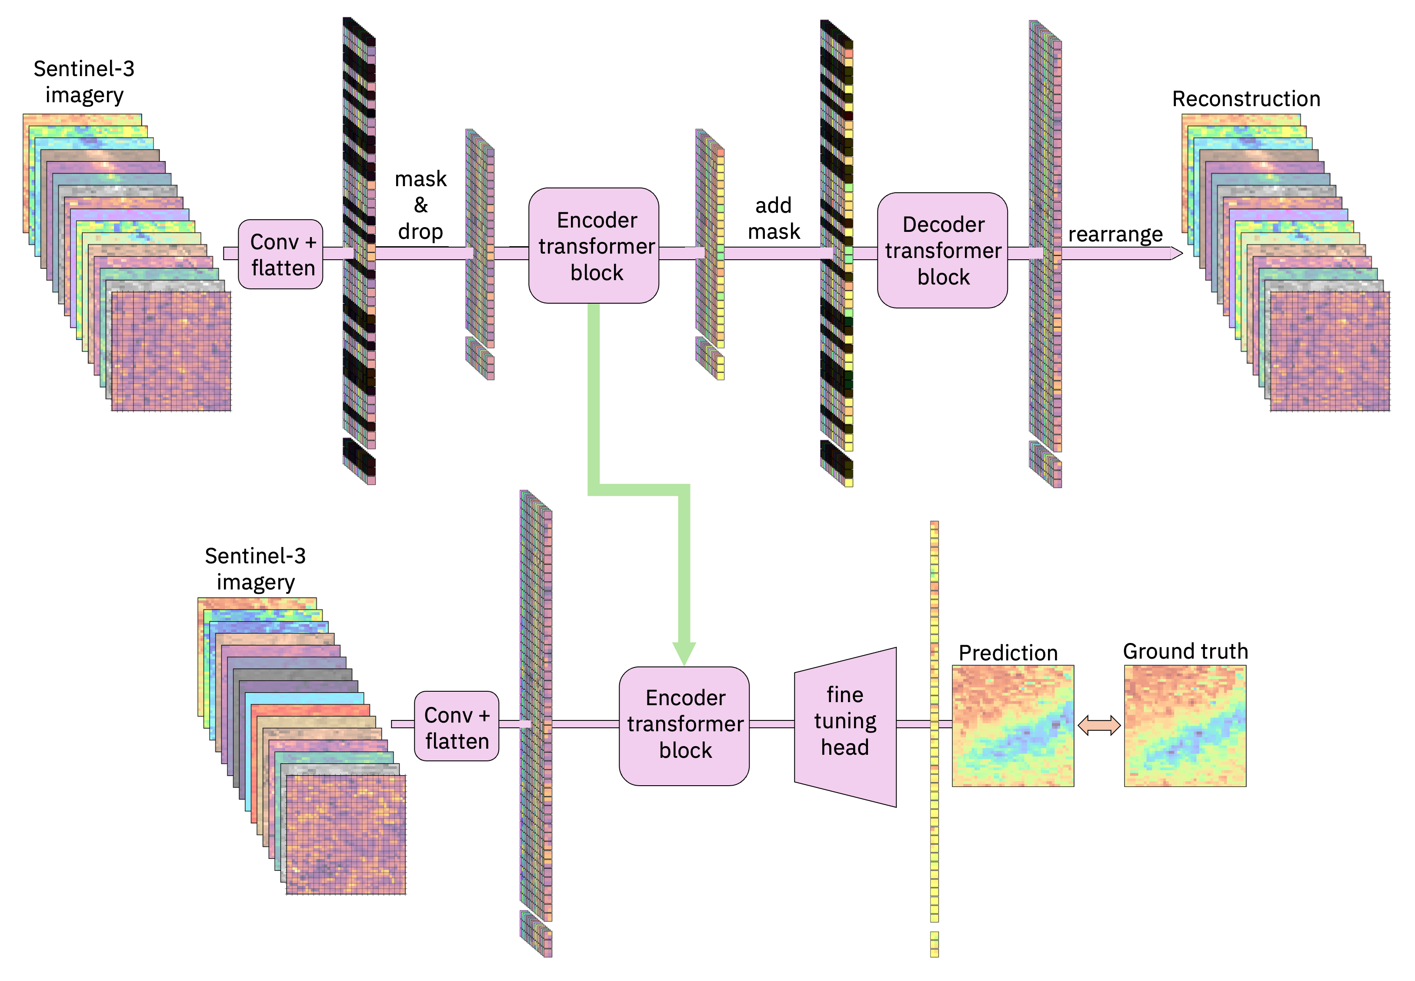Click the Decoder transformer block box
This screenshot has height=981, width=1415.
point(942,250)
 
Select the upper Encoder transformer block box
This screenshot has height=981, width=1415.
point(594,246)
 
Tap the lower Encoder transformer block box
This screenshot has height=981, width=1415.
point(684,725)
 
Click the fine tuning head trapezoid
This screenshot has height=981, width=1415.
point(845,727)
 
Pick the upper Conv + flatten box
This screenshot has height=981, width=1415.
point(281,254)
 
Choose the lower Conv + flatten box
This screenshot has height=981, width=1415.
point(457,727)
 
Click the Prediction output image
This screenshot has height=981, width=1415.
point(1013,725)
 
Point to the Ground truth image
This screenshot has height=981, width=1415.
point(1185,725)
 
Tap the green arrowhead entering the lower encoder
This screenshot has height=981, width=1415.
point(684,653)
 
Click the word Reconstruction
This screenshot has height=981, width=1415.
point(1246,99)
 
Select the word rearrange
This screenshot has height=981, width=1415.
point(1115,234)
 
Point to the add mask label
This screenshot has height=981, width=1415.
point(774,218)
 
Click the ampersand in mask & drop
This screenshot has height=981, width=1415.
point(421,204)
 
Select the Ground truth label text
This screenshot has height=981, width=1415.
point(1185,651)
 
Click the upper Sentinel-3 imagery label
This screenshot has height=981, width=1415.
point(84,82)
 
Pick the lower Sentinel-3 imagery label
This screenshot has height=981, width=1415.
point(255,569)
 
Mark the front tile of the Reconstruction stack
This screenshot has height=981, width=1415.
point(1330,351)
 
